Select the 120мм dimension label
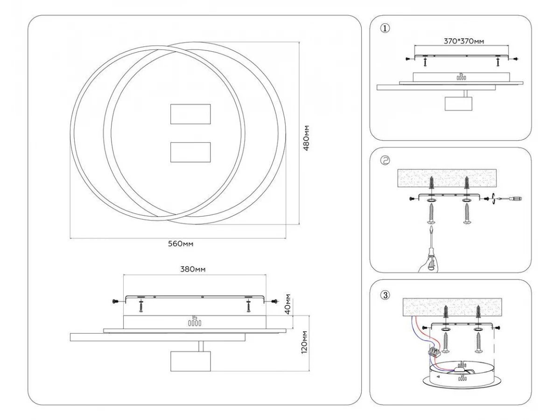303,342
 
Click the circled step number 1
385,28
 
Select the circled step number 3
385,294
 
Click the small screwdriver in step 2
510,199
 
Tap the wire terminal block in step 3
435,351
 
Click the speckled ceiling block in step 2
448,178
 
